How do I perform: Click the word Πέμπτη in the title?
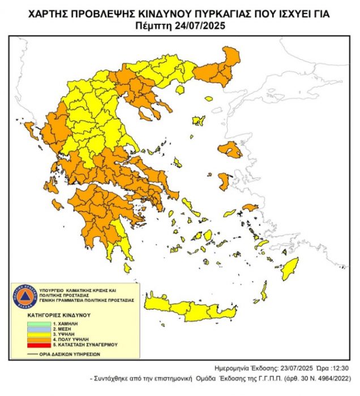click(x=156, y=25)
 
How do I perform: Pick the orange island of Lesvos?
click(x=230, y=150)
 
